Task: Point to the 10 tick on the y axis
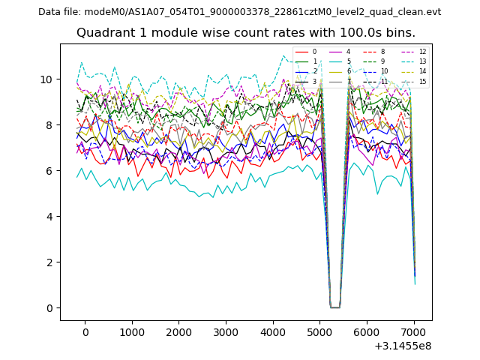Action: coord(46,79)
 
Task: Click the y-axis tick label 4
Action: coord(49,217)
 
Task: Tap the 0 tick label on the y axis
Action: coord(49,308)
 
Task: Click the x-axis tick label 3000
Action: coord(225,332)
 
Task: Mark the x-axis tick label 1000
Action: coord(131,332)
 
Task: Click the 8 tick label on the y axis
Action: coord(49,125)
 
